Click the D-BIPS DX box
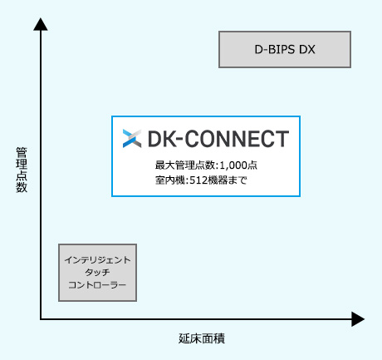(284, 49)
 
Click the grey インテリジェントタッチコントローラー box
(97, 273)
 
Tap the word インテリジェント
(97, 260)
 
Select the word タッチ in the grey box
(97, 273)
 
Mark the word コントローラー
(97, 285)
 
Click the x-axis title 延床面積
(202, 339)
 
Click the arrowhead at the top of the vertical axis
(41, 23)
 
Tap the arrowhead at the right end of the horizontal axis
(358, 318)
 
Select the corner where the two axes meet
(41, 318)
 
